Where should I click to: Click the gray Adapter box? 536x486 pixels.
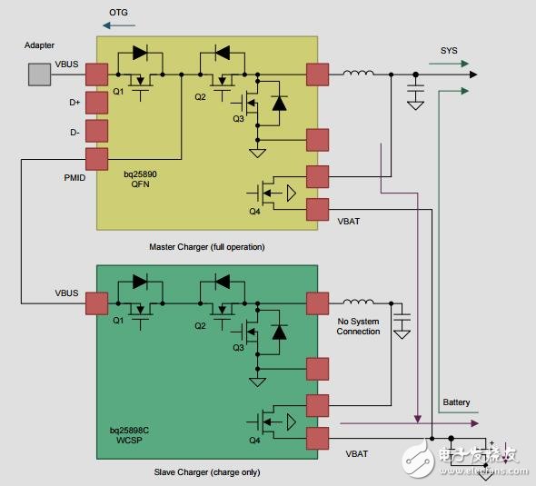(39, 74)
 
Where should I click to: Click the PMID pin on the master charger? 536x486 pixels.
(97, 159)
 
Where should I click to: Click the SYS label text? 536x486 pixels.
(449, 51)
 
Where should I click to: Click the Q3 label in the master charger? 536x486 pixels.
(238, 118)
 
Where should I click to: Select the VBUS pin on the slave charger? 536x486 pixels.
(97, 302)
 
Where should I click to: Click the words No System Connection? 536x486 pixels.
(358, 325)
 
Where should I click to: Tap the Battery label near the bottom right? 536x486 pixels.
(456, 402)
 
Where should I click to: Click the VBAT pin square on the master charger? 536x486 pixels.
(318, 209)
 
